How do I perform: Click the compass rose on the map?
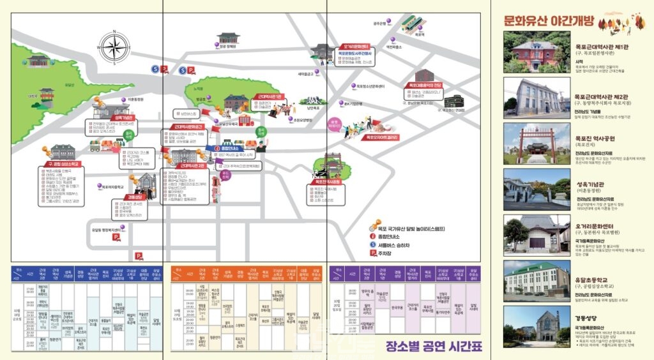[114, 47]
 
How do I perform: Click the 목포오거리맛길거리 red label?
[381, 137]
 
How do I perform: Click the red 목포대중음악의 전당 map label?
[422, 85]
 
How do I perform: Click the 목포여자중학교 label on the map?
[117, 187]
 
